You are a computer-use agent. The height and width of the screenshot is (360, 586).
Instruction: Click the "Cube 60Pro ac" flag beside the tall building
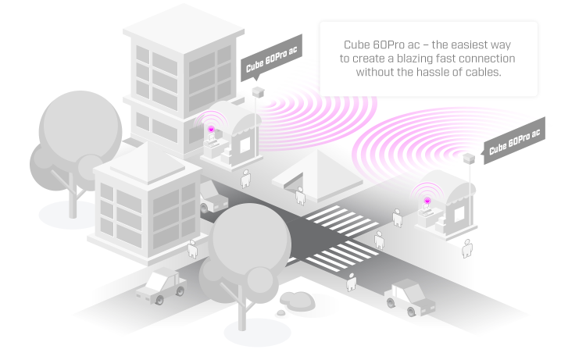click(271, 58)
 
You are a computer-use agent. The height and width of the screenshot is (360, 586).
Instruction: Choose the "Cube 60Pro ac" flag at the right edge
click(515, 141)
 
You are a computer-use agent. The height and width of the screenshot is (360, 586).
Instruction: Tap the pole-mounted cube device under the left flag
click(258, 92)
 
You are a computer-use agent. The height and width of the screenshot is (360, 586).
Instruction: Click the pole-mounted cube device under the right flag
click(469, 158)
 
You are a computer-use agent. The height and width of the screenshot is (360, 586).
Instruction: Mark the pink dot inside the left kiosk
click(211, 129)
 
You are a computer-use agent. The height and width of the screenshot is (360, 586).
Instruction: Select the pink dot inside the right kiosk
click(427, 201)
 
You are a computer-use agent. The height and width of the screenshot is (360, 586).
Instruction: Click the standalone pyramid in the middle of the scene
click(317, 176)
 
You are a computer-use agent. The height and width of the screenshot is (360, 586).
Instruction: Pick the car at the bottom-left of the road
click(162, 286)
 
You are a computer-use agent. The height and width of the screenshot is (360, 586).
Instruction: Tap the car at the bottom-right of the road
click(410, 298)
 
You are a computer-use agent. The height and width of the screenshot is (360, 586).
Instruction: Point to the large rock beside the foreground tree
click(298, 301)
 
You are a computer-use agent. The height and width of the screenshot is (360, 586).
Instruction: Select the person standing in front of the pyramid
click(300, 196)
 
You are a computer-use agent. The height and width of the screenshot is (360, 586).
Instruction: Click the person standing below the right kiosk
click(466, 248)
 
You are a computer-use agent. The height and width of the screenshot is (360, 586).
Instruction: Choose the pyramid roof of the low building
click(148, 163)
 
